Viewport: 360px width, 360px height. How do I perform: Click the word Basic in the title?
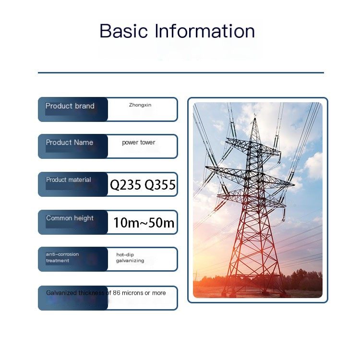click(123, 31)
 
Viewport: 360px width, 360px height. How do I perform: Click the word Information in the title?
click(205, 31)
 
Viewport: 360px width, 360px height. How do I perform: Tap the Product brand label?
click(70, 106)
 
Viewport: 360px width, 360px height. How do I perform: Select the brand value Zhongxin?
click(140, 105)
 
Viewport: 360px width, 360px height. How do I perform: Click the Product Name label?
click(69, 143)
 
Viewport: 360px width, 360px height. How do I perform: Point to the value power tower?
click(138, 143)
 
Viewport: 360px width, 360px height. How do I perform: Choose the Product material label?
click(69, 180)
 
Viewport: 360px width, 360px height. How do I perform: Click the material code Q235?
click(126, 185)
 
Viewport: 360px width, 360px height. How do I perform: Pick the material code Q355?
click(160, 185)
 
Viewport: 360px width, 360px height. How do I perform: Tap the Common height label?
click(70, 218)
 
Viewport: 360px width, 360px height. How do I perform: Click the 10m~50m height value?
click(144, 222)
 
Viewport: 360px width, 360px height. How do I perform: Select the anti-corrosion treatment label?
click(62, 257)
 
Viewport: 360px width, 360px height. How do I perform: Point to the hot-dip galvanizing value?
click(130, 258)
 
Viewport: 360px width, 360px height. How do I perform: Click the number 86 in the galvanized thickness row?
click(117, 293)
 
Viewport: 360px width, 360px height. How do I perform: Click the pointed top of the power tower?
click(255, 119)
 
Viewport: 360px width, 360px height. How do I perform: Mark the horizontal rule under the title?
click(181, 72)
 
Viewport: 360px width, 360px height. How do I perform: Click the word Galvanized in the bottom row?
click(61, 293)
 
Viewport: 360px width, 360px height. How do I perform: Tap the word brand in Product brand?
click(84, 106)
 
